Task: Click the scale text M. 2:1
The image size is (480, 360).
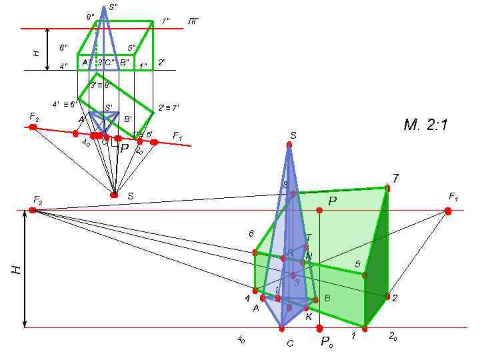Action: pos(425,124)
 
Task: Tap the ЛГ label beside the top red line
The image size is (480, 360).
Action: pos(193,22)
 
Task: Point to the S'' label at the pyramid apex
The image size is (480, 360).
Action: pos(113,7)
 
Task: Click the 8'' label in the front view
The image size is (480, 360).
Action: pos(90,17)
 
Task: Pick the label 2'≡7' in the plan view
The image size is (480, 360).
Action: pos(168,107)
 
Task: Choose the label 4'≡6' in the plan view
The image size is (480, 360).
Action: pos(65,104)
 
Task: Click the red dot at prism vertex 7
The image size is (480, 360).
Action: pos(387,188)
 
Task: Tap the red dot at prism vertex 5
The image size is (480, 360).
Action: pos(364,275)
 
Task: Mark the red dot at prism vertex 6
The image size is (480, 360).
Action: pos(255,252)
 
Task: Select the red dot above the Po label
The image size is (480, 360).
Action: pos(319,327)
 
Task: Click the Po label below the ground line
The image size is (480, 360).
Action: pos(326,342)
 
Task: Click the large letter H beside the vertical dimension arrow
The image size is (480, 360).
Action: pos(16,269)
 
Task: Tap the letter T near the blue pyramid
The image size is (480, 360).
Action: pos(308,237)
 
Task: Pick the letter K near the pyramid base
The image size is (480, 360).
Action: pos(309,317)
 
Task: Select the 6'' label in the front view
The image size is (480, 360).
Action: pos(63,48)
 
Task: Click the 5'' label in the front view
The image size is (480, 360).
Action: pos(132,48)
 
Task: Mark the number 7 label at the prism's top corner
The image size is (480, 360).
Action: pos(395,178)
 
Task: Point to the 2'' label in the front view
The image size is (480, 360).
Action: pos(161,63)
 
